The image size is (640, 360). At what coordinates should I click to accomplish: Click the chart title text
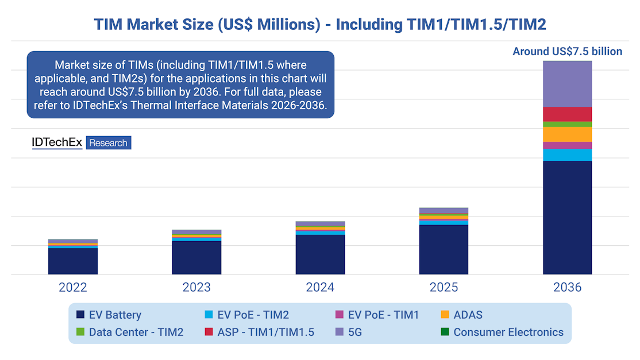(320, 24)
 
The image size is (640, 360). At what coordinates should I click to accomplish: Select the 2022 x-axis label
(73, 287)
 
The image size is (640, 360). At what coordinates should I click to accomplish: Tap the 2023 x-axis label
(196, 287)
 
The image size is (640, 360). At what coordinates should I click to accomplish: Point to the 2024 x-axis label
(320, 287)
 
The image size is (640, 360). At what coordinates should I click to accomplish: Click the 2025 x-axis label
(444, 287)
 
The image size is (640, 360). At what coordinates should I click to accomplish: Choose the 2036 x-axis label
(567, 287)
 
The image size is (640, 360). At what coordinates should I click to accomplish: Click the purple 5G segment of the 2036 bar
(567, 84)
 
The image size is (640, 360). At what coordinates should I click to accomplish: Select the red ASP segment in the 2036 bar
(567, 114)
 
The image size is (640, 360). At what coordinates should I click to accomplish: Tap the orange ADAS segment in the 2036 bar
(567, 134)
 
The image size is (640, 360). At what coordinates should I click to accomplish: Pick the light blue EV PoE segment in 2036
(567, 155)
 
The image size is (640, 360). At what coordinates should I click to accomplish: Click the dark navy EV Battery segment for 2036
(567, 218)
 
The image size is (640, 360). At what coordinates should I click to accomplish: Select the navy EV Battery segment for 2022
(73, 261)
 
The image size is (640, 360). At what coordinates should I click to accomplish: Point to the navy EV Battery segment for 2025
(444, 250)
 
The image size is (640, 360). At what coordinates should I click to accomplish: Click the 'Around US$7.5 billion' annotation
(567, 52)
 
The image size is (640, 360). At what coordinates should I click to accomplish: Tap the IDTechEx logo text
(57, 142)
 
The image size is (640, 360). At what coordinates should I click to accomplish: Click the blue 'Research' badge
(109, 143)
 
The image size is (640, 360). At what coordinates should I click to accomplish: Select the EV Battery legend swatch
(80, 315)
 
